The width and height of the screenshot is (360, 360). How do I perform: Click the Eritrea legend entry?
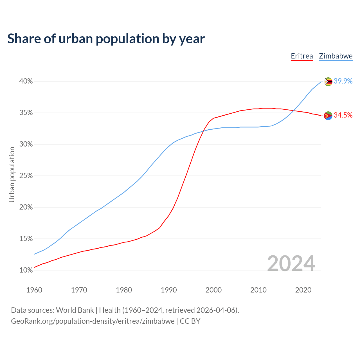pos(302,56)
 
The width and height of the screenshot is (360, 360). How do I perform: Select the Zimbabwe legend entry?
pos(336,56)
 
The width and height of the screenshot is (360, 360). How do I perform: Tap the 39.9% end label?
pos(343,81)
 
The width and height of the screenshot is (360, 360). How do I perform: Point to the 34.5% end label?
pos(343,115)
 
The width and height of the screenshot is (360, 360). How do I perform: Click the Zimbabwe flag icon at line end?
pos(328,82)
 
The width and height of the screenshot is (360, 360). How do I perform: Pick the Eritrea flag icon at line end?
pos(328,115)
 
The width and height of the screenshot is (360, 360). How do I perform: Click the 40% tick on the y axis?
pos(26,81)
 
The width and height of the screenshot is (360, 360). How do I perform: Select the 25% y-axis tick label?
pos(26,176)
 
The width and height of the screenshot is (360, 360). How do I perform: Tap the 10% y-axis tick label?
pos(26,270)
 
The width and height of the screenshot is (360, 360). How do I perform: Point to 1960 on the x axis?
pos(34,290)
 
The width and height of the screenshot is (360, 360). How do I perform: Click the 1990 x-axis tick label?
pos(169,290)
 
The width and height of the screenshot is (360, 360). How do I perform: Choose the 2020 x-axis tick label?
pos(303,290)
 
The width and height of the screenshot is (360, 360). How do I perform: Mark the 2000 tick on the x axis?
pos(213,290)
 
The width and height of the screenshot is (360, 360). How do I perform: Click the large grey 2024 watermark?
pos(291,264)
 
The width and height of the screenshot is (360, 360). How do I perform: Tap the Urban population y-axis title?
pos(12,175)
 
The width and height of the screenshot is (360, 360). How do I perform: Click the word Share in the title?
pos(24,39)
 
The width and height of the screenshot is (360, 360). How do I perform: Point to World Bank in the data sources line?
pos(75,310)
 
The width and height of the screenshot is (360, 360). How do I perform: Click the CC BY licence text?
pos(190,321)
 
